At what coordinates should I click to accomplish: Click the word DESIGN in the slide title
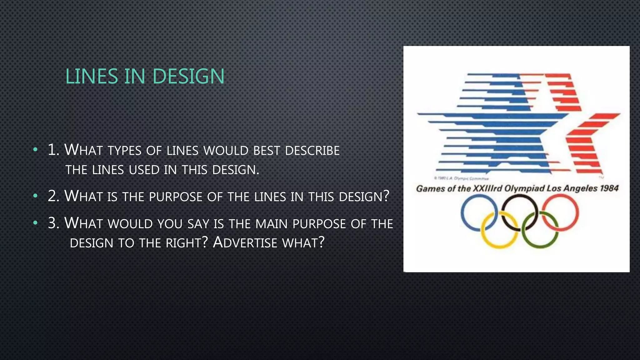[x=188, y=77]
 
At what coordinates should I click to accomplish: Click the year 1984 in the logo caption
[x=609, y=188]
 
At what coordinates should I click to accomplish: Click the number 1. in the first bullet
[x=53, y=150]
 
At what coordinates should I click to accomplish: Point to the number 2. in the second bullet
[x=53, y=196]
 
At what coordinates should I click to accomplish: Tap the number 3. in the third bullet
[x=53, y=223]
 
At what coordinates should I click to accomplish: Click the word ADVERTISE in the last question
[x=245, y=242]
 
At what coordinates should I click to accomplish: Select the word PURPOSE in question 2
[x=176, y=197]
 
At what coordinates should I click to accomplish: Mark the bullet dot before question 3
[x=35, y=223]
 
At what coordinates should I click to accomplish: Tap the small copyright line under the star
[x=461, y=178]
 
